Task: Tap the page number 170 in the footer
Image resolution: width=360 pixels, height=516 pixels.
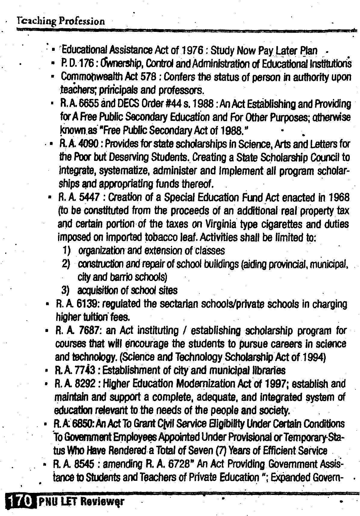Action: tap(19, 501)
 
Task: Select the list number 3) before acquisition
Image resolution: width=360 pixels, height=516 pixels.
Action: tap(66, 290)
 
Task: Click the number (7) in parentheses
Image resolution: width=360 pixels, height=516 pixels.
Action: tap(221, 451)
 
